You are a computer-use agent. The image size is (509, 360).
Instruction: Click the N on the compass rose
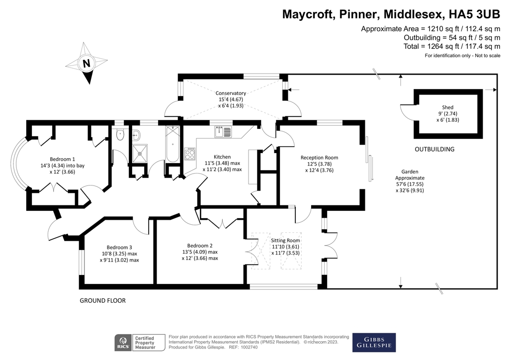pos(86,64)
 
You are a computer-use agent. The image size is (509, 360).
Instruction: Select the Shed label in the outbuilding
pos(447,107)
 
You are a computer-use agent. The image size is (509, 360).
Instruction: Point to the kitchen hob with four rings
pos(190,154)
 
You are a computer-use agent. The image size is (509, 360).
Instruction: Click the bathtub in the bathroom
pos(172,145)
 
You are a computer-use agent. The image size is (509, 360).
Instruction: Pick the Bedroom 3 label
pos(119,247)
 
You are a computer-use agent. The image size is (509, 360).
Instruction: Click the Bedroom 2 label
pos(200,245)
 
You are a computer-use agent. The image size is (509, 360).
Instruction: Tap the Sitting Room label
pos(286,240)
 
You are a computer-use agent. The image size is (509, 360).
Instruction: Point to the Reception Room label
pos(319,157)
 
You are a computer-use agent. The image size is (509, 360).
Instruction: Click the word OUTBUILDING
pos(434,149)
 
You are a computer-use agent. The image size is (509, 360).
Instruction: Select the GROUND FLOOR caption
pos(103,300)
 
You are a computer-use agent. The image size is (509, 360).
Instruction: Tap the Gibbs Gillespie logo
pos(374,342)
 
